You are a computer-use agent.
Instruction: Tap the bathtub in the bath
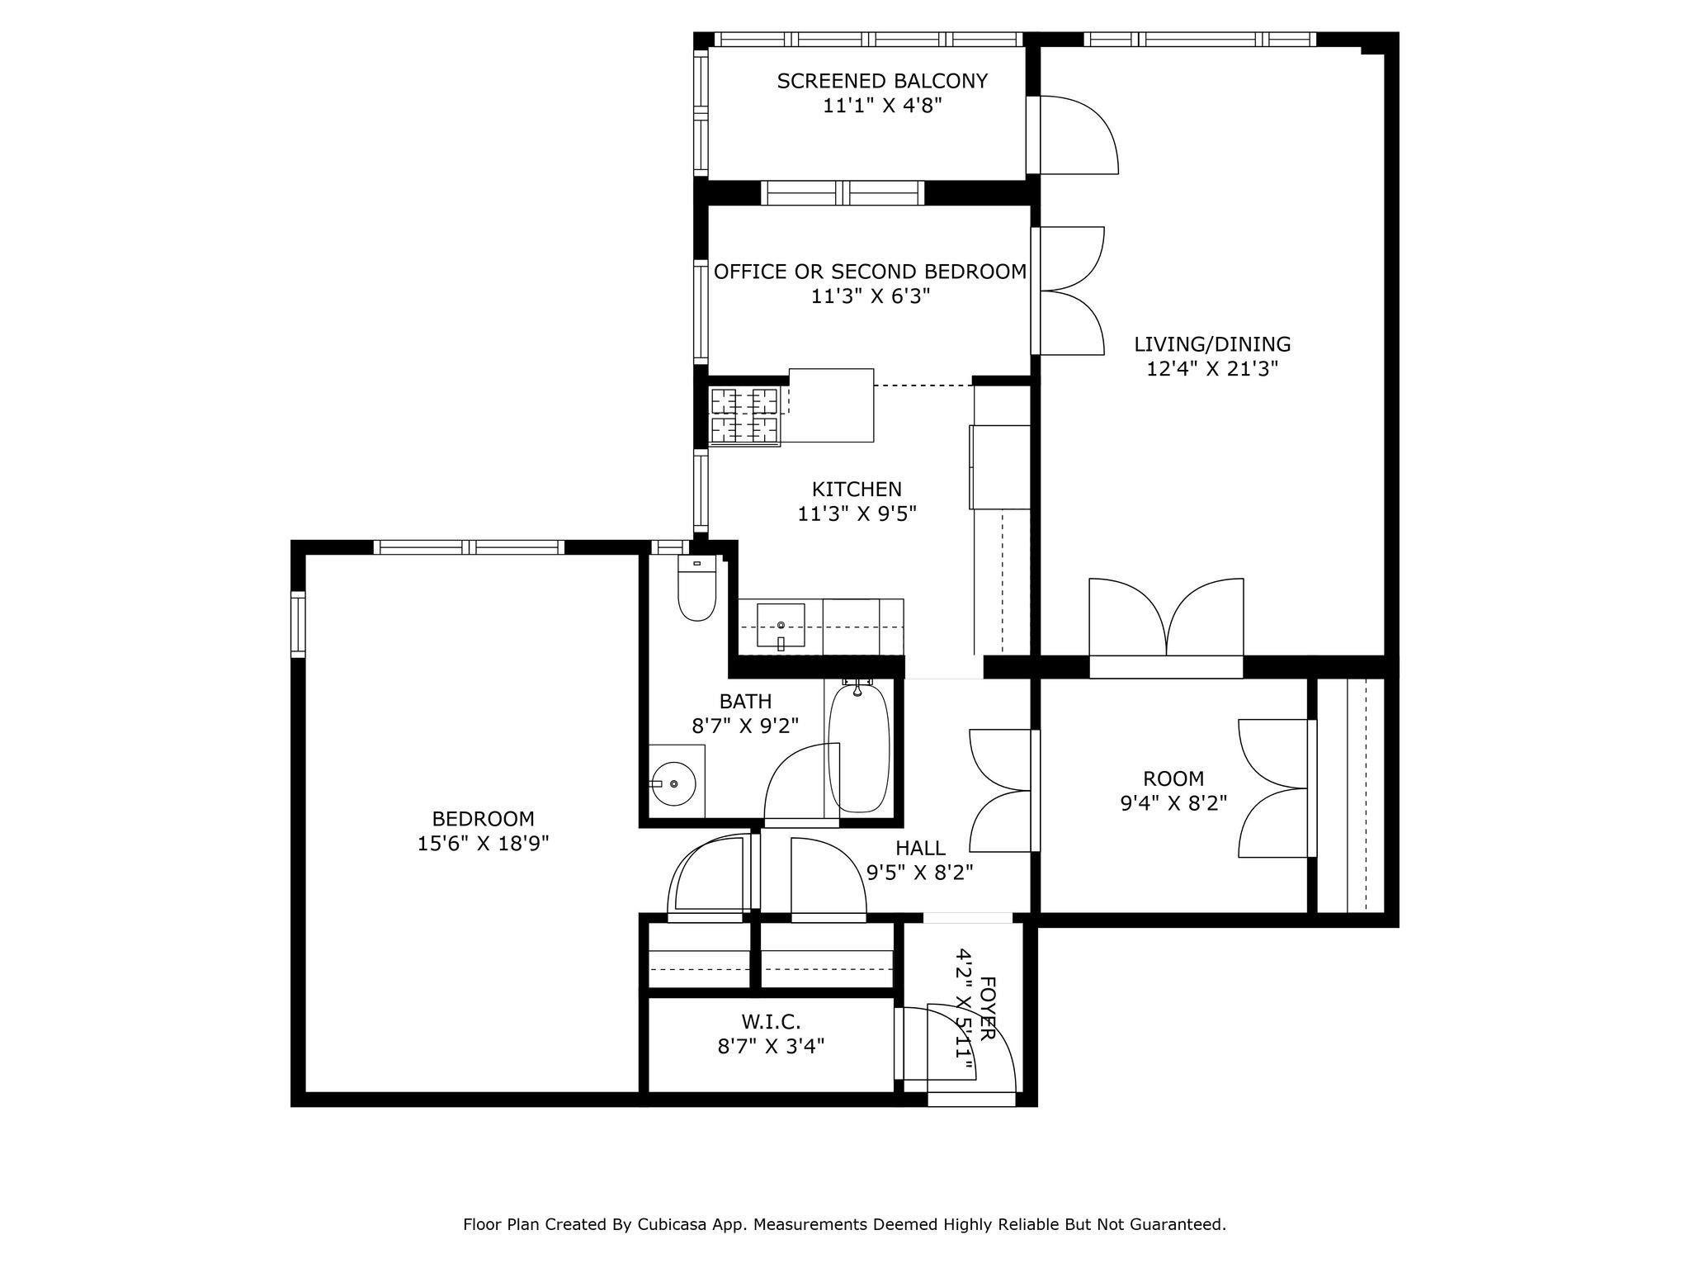858,748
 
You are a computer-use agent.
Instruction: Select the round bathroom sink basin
675,783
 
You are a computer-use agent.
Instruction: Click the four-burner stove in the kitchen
745,416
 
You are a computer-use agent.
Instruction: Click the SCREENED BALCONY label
882,81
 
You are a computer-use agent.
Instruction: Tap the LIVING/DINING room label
1211,344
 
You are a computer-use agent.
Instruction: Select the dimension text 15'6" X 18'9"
483,844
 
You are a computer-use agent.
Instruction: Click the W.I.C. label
771,1022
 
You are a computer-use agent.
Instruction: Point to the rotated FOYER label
988,1009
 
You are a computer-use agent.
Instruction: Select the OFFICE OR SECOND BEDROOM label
870,272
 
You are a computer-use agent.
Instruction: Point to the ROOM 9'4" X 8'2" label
1173,790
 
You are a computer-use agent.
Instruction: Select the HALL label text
919,848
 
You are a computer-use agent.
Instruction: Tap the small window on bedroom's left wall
298,624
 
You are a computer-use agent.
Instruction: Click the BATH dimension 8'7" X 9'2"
745,726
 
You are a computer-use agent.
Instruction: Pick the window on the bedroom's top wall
469,546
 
